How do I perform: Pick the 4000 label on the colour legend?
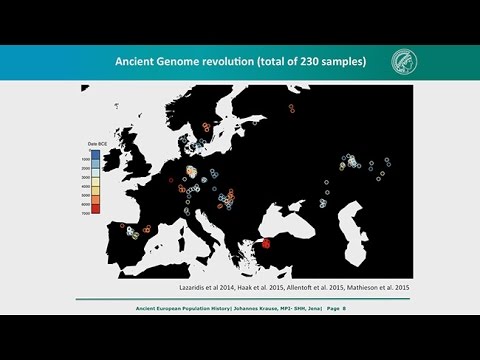[x=87, y=186]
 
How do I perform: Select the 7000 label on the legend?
[x=87, y=213]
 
